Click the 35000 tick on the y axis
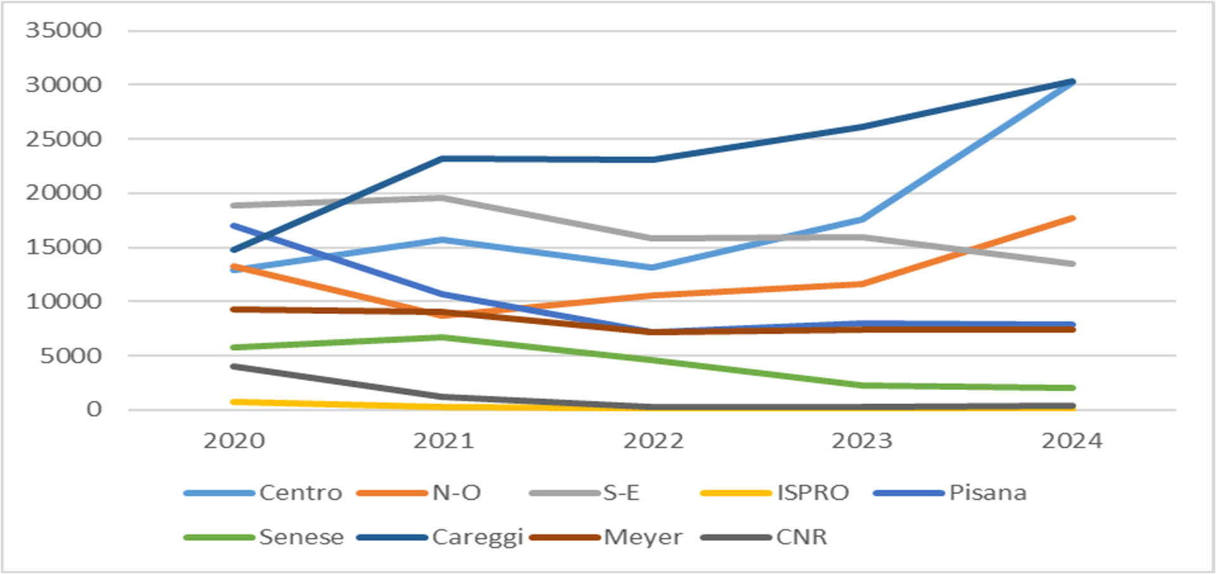pos(63,30)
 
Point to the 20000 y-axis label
pos(63,193)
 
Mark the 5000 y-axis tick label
pos(70,355)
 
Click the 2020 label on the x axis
pos(234,441)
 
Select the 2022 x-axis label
pos(653,441)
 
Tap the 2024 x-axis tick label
pos(1071,441)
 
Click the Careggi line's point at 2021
pos(443,158)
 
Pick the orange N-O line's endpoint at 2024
pos(1072,219)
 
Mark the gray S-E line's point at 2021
pos(443,198)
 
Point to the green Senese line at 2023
pos(862,385)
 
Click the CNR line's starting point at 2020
pos(234,366)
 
